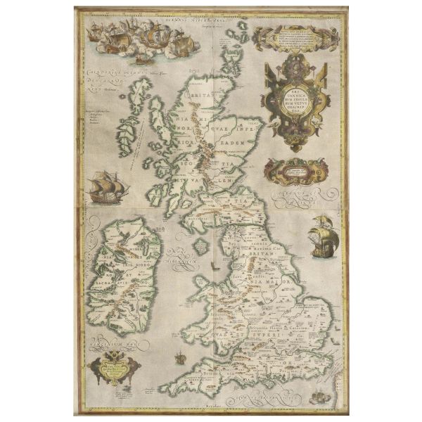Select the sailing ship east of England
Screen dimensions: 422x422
(x=325, y=236)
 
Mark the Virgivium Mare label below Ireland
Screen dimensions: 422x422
(x=113, y=343)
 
